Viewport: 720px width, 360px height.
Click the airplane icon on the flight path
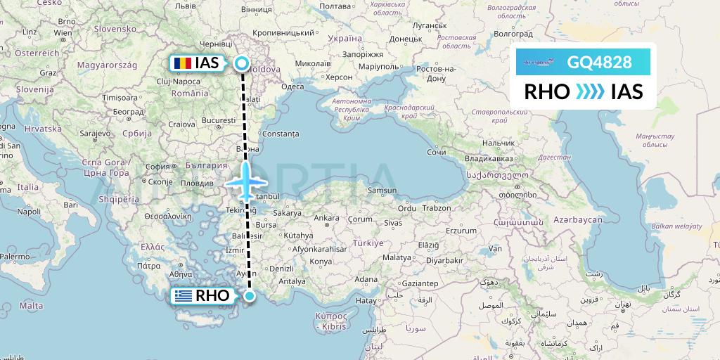coord(245,181)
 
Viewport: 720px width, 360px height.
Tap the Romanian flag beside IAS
coord(182,63)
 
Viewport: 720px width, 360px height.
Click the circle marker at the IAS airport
coord(242,63)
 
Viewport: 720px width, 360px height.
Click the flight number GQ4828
coord(599,62)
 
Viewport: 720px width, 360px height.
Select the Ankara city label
coord(326,218)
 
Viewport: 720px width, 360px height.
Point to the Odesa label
coord(292,86)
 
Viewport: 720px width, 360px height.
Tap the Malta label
coord(31,306)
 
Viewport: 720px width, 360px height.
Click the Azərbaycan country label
coord(578,220)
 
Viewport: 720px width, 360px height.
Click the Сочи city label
coord(437,152)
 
